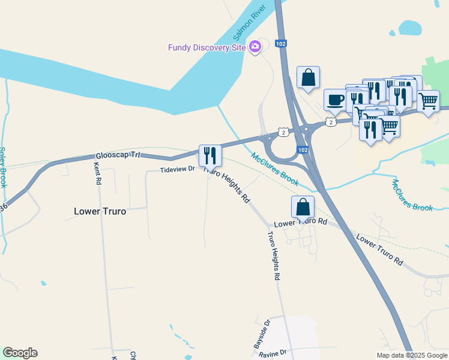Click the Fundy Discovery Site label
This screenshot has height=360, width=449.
click(207, 47)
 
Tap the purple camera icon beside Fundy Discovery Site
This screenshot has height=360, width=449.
click(255, 46)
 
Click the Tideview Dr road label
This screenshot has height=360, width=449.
click(177, 170)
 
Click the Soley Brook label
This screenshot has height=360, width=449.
click(3, 167)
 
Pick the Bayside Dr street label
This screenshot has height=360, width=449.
click(262, 334)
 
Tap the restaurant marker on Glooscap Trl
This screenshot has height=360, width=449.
click(210, 156)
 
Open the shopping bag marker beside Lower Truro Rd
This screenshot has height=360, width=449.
click(303, 207)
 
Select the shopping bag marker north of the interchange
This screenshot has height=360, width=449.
click(308, 77)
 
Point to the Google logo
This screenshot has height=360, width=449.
click(20, 353)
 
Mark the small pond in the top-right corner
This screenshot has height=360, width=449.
click(410, 28)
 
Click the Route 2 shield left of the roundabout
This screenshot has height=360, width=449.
click(283, 131)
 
